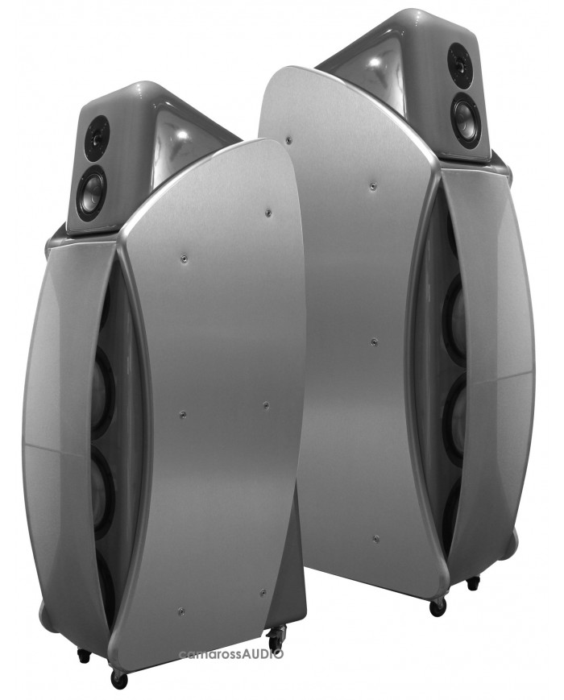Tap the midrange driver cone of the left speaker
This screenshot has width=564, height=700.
point(92,190)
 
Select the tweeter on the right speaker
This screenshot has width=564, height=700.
point(459,60)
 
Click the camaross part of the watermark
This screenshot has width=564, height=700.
point(210,654)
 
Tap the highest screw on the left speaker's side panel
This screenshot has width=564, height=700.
point(267,213)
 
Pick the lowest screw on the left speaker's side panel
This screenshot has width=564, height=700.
point(180,611)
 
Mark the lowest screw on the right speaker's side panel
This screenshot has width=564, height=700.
point(375,539)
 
